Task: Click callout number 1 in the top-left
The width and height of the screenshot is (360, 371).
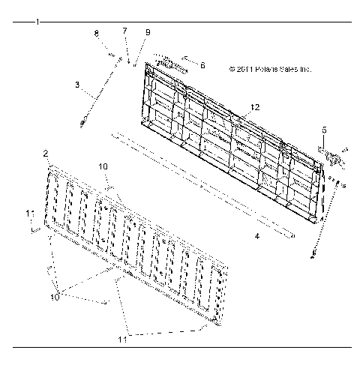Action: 37,22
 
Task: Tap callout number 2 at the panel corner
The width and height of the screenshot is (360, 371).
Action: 46,153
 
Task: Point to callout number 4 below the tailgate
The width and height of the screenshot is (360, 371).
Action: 256,236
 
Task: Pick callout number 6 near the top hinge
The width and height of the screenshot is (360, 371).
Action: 202,65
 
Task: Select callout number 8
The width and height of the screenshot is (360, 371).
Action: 96,34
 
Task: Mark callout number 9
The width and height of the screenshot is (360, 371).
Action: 147,32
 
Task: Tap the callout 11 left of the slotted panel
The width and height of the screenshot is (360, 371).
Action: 29,214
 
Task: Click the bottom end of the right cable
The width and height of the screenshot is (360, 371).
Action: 312,256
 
